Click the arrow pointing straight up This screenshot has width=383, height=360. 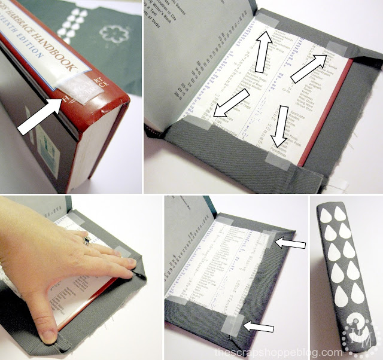(x=263, y=50)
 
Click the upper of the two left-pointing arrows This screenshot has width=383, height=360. (x=291, y=244)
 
